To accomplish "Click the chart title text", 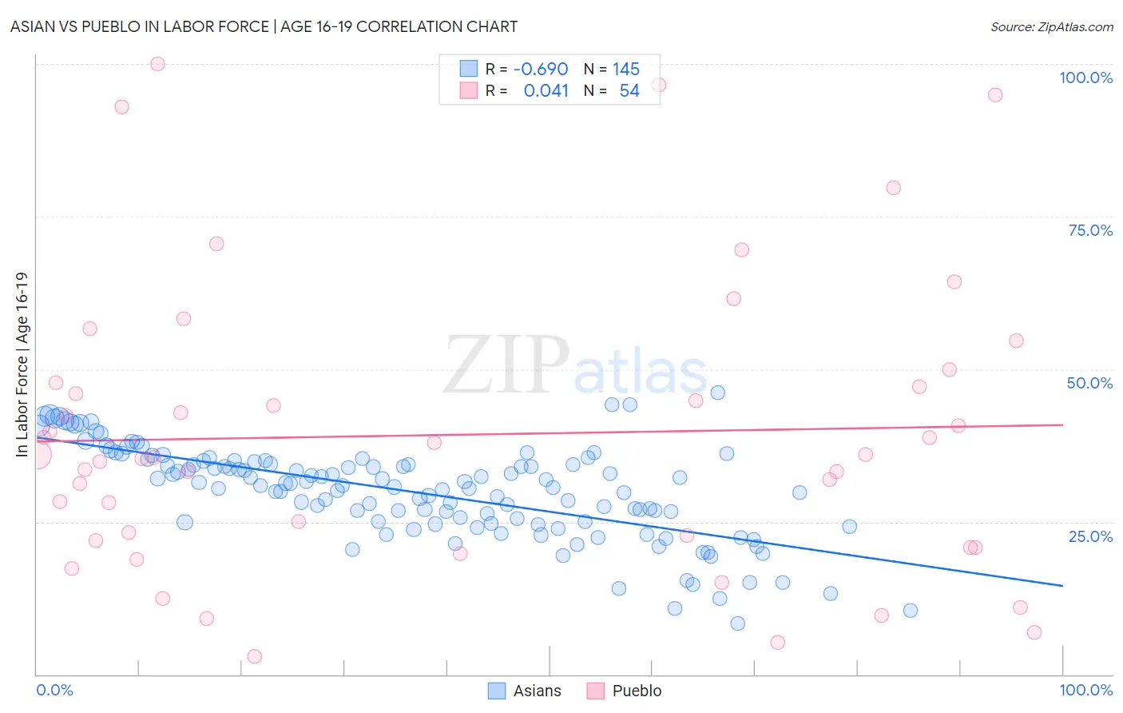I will point(264,26).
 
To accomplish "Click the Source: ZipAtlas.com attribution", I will point(1051,26).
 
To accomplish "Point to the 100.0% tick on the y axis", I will point(1085,78).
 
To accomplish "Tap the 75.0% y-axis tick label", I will point(1090,230).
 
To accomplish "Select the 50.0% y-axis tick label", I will point(1089,383).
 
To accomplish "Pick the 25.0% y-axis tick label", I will point(1090,536).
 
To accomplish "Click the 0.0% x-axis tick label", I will point(54,690).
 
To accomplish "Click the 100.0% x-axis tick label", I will point(1085,690).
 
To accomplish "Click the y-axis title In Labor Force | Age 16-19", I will point(22,364).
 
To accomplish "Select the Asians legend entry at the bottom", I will point(525,691).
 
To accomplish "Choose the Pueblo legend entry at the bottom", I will point(625,691).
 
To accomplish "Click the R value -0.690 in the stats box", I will point(541,69).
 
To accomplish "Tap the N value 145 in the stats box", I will point(626,69).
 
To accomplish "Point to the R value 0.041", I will point(546,90).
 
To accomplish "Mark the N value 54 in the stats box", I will point(629,90).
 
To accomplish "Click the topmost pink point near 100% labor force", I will point(157,64).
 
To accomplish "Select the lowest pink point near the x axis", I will point(255,656).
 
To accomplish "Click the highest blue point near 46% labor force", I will point(717,392).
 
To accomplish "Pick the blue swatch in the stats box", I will point(468,69).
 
